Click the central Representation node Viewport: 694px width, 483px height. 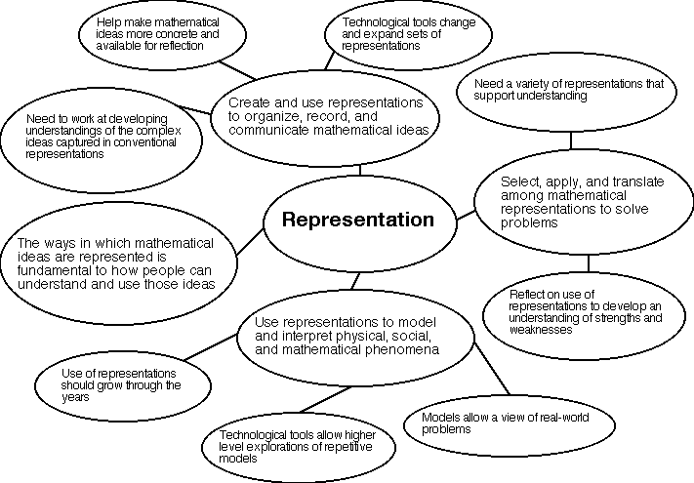coord(357,221)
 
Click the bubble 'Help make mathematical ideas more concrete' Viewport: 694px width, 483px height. coord(156,32)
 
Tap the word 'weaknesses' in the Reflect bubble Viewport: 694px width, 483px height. coord(535,330)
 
